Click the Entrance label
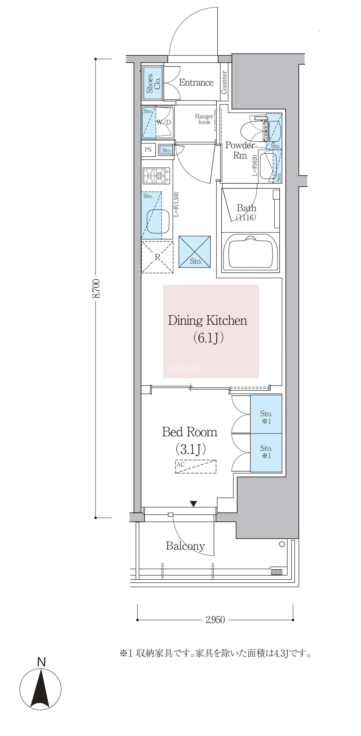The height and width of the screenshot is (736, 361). pyautogui.click(x=196, y=83)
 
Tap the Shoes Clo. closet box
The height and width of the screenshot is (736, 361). pyautogui.click(x=153, y=83)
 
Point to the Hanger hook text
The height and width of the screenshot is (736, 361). pyautogui.click(x=204, y=119)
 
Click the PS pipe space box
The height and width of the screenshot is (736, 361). pyautogui.click(x=148, y=150)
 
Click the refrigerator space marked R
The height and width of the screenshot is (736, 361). pyautogui.click(x=157, y=257)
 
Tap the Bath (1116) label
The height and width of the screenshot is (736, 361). pyautogui.click(x=246, y=213)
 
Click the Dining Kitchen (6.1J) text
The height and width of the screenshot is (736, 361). pyautogui.click(x=207, y=329)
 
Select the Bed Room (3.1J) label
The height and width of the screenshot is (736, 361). pyautogui.click(x=190, y=440)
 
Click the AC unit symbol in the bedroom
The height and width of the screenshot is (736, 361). pyautogui.click(x=196, y=467)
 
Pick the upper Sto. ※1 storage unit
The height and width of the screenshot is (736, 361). pyautogui.click(x=266, y=414)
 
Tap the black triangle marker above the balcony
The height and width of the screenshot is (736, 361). pyautogui.click(x=194, y=504)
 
